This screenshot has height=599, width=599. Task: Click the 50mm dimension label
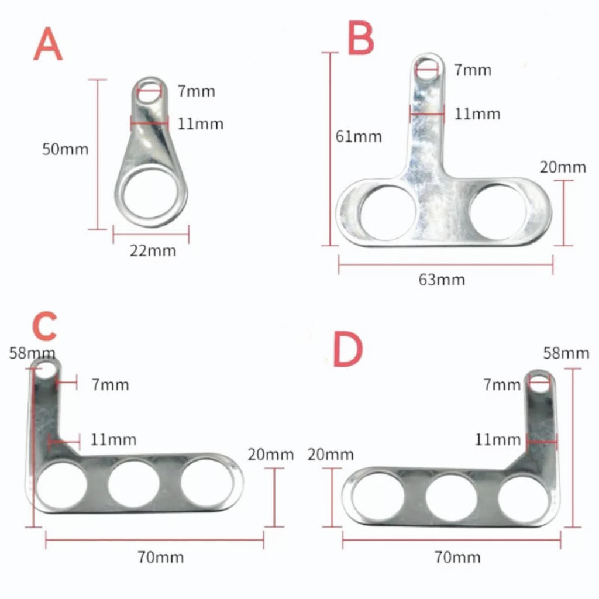click(66, 149)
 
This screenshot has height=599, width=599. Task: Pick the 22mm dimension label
click(153, 251)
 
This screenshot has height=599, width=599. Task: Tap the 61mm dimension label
click(359, 137)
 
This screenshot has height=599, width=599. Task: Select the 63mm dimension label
click(442, 280)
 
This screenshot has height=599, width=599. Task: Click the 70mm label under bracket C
click(161, 557)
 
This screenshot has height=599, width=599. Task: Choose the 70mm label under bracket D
click(457, 557)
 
